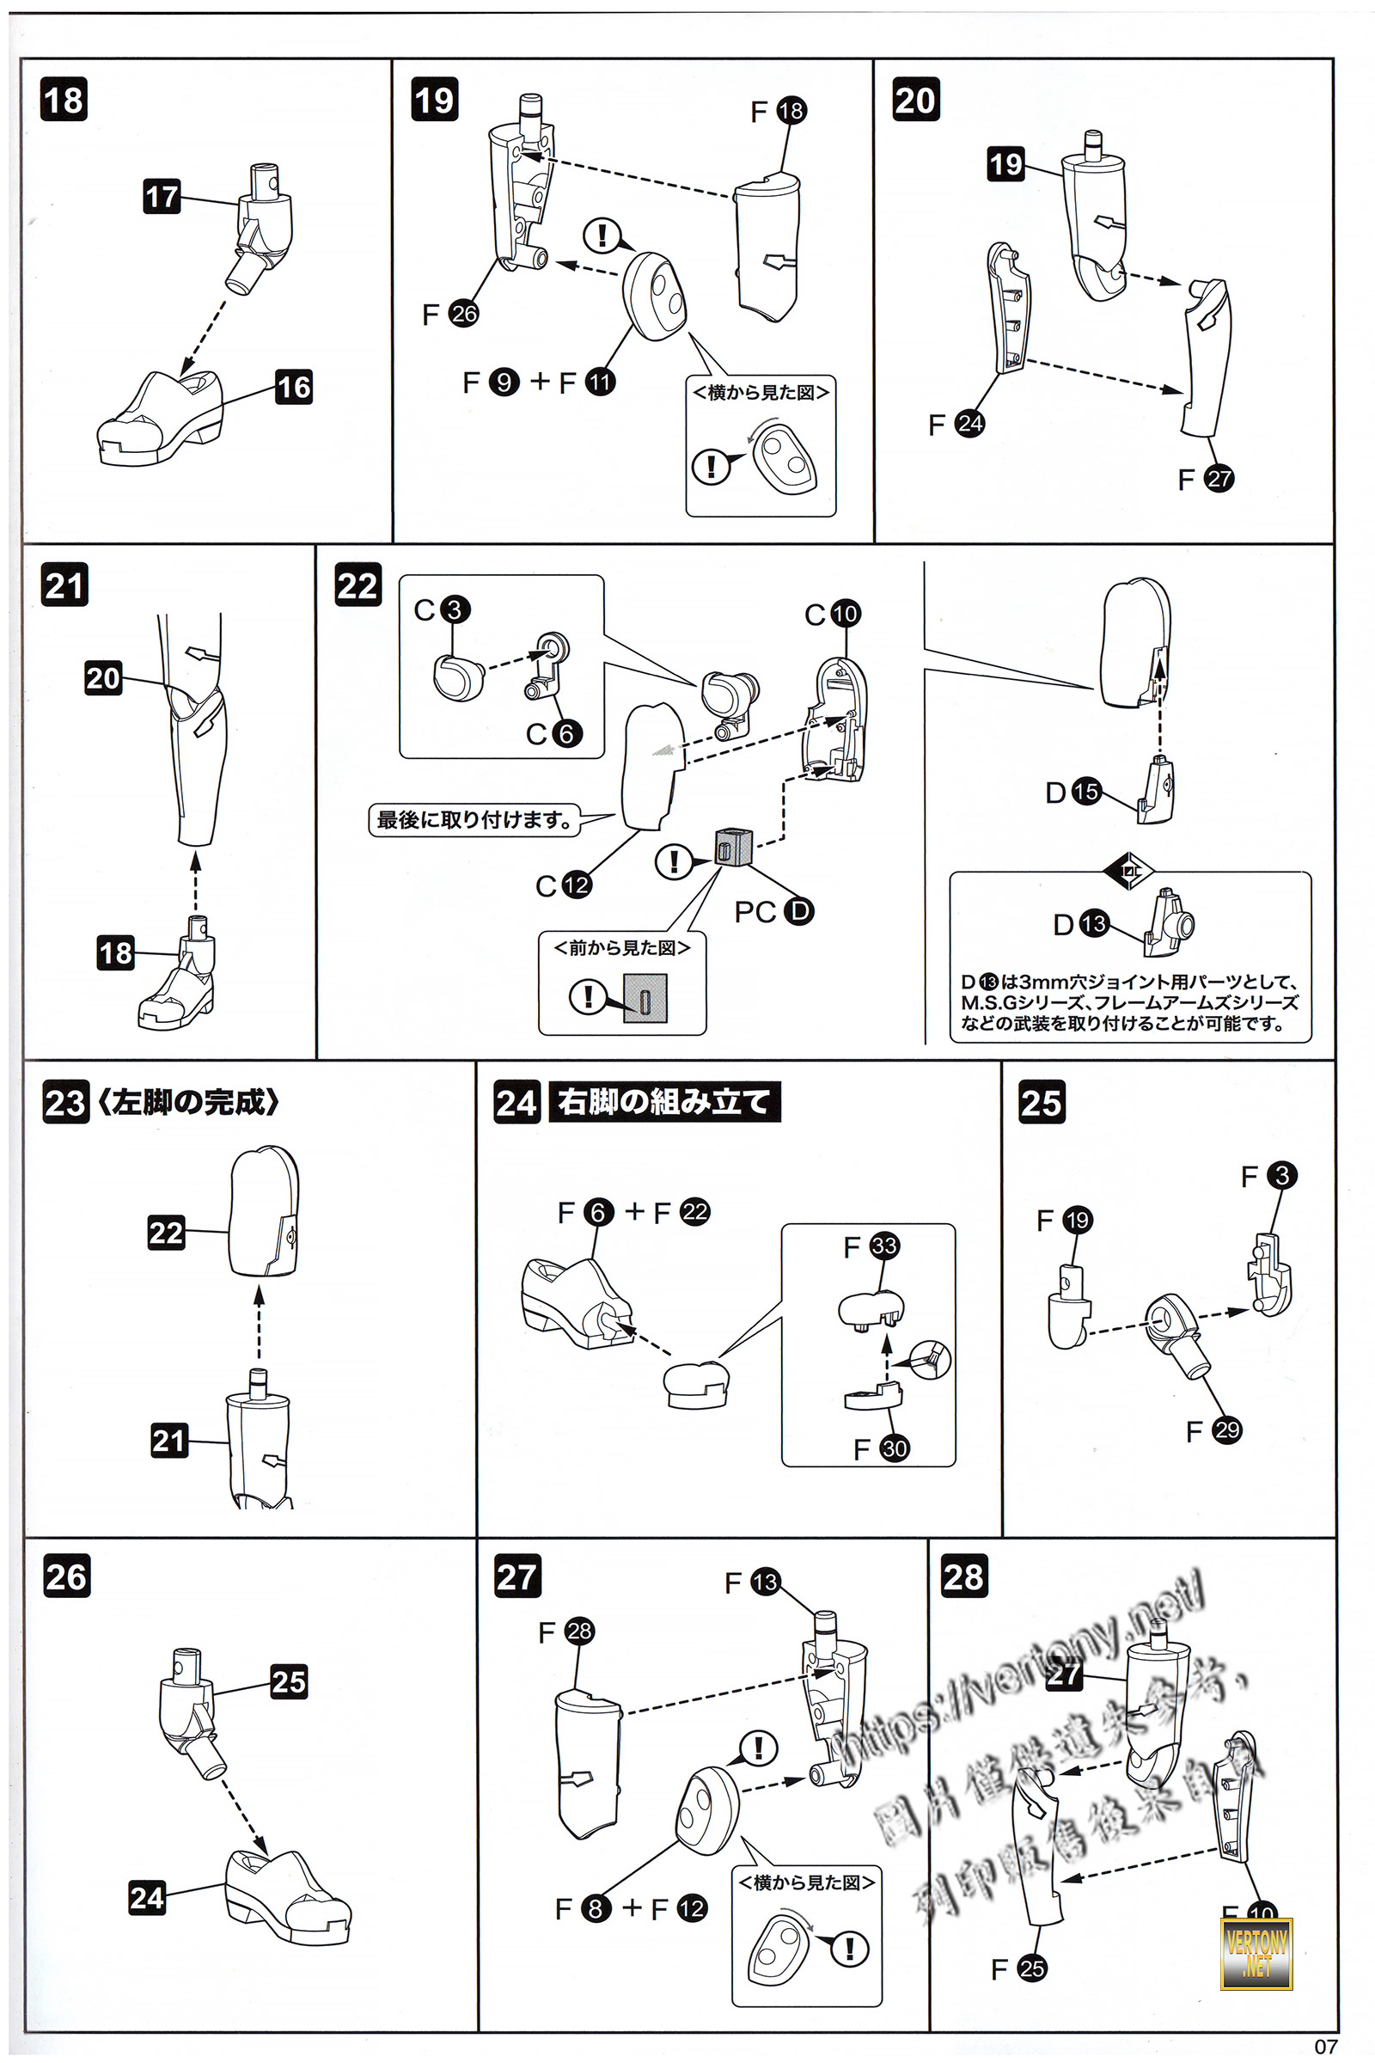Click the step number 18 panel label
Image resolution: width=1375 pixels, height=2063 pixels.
coord(64,99)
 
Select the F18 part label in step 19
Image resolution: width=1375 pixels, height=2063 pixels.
coord(779,111)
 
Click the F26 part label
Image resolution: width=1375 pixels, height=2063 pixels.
coord(450,313)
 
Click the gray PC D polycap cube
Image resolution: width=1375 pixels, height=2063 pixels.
coord(733,846)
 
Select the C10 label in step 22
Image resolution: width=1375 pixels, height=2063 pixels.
coord(833,613)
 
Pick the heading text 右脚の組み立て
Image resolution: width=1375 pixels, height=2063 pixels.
coord(663,1102)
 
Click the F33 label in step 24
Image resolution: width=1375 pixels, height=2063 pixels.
coord(871,1246)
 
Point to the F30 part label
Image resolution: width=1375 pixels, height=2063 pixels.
coord(883,1449)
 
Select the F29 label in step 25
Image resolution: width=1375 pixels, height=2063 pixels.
coord(1214,1430)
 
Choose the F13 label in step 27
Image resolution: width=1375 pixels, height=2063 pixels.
coord(753,1582)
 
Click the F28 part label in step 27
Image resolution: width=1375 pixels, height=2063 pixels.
coord(566,1631)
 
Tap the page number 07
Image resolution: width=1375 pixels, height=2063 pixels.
coord(1326,2047)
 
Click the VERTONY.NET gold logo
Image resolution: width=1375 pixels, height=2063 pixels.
coord(1256,1952)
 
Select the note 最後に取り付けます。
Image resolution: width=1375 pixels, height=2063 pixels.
coord(474,820)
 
